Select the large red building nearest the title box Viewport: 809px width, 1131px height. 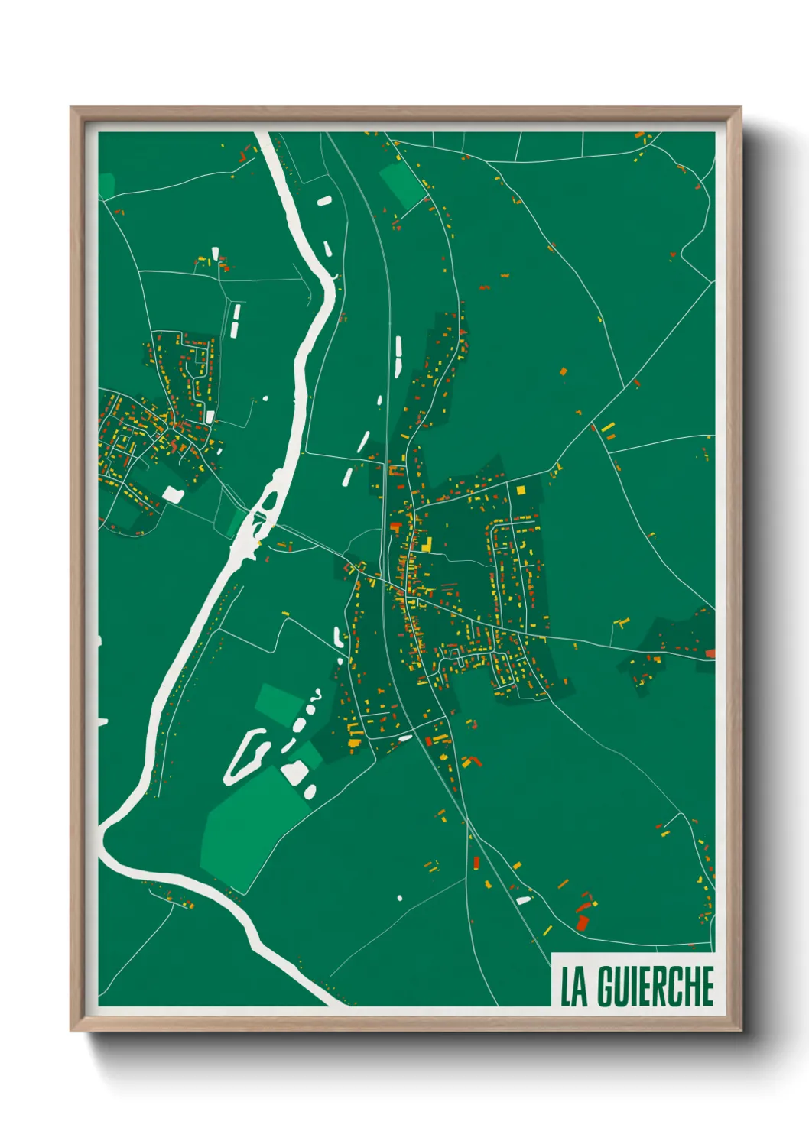(582, 922)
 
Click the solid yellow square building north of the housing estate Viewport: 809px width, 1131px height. (521, 490)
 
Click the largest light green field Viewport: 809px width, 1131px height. (249, 825)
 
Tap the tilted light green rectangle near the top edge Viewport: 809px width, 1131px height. (402, 185)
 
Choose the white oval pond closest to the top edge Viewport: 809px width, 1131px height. (324, 202)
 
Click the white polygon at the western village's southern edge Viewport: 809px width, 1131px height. (173, 494)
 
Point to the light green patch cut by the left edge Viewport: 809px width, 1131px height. (106, 184)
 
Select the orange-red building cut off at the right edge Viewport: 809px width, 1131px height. (710, 653)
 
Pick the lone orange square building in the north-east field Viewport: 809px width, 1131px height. (564, 371)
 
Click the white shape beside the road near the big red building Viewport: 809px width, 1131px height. (523, 899)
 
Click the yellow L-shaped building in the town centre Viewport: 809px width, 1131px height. (425, 545)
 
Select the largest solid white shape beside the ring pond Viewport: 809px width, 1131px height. (293, 772)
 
